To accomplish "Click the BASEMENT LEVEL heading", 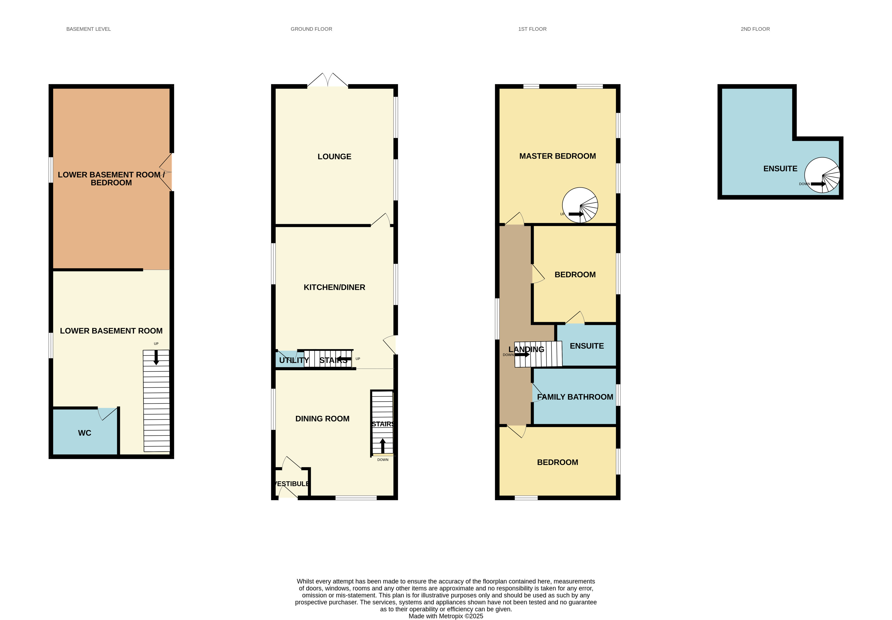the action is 89,29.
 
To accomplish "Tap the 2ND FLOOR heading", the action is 755,29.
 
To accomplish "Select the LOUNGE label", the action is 334,156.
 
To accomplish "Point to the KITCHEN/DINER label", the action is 334,287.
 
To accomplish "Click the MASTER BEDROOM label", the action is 558,156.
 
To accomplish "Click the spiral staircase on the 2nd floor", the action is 822,175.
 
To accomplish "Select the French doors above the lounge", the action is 328,80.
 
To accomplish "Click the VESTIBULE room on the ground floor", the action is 292,483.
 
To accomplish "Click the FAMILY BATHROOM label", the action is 575,397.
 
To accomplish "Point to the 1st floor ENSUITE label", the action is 587,346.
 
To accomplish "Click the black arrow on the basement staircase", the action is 156,357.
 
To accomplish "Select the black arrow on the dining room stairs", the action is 383,446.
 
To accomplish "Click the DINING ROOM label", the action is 322,418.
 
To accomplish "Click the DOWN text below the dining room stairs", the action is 383,460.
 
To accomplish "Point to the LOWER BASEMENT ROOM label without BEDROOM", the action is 111,331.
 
